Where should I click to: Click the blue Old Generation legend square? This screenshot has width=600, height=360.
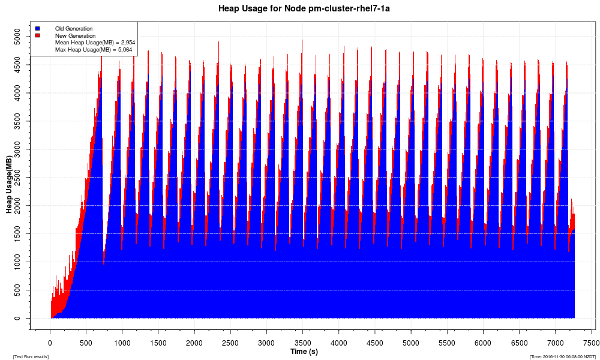(37, 28)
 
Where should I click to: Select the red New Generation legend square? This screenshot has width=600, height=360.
(37, 36)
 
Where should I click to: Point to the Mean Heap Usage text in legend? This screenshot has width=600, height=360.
(95, 43)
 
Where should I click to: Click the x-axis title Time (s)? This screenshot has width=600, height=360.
(304, 351)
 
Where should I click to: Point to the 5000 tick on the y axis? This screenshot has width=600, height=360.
(22, 37)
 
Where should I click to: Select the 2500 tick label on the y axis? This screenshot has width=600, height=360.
(22, 178)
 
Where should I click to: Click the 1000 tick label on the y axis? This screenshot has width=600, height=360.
(22, 262)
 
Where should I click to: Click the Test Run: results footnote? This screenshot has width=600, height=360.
(31, 356)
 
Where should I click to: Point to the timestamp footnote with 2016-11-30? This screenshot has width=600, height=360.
(562, 356)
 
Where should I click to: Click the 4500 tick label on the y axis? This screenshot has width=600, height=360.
(22, 65)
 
